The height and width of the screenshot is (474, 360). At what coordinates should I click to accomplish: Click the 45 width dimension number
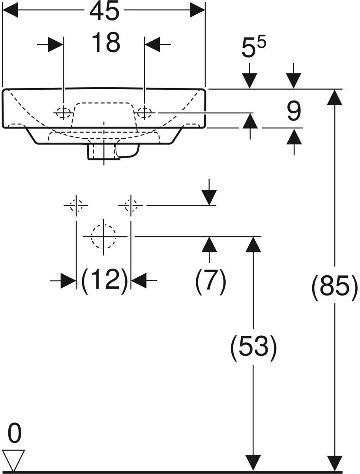[x=104, y=12]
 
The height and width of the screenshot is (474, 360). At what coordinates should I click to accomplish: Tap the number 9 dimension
[x=293, y=111]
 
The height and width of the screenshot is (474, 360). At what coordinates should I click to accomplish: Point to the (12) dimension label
[x=104, y=281]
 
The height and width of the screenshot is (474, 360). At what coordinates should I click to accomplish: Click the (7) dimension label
[x=210, y=281]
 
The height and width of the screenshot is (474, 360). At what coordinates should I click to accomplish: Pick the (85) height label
[x=335, y=287]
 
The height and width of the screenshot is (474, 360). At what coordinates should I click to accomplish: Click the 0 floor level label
[x=14, y=434]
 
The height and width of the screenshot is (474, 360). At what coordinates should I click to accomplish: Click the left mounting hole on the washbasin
[x=63, y=113]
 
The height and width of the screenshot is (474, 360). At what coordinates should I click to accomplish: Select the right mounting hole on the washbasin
[x=144, y=113]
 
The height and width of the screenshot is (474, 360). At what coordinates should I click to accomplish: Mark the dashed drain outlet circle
[x=103, y=236]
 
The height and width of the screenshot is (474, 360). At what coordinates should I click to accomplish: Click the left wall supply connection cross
[x=76, y=205]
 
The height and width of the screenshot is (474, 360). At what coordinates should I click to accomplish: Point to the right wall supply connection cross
[x=131, y=205]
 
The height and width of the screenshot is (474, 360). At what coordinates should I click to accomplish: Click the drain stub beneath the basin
[x=104, y=152]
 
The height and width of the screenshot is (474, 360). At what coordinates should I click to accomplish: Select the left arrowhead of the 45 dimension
[x=11, y=11]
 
